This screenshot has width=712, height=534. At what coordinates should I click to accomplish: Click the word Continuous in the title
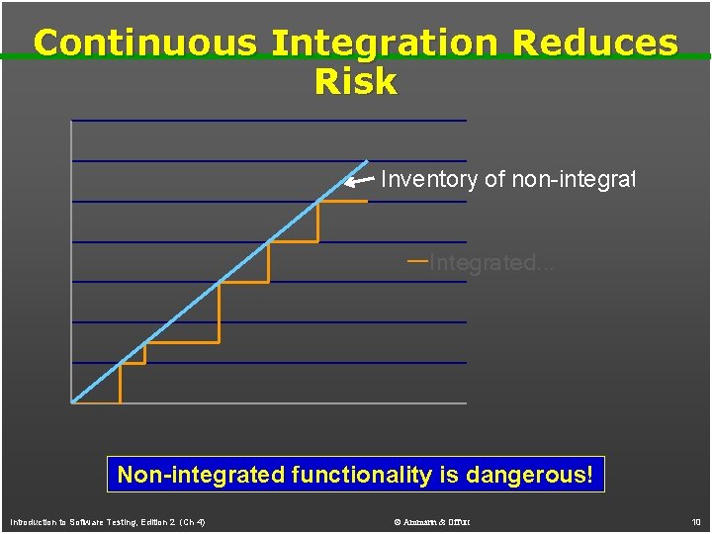click(x=144, y=44)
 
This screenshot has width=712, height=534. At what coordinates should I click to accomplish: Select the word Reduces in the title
click(x=606, y=44)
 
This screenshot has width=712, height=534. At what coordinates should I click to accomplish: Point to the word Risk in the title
click(x=355, y=82)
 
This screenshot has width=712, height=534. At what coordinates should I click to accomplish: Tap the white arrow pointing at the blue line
click(x=359, y=181)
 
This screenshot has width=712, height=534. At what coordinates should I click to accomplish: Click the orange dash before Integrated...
click(x=416, y=261)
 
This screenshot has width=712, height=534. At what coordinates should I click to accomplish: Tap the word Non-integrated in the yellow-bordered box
click(x=201, y=475)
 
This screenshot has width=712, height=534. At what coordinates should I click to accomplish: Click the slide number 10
click(x=696, y=521)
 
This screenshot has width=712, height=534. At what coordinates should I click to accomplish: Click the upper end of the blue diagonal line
click(x=366, y=161)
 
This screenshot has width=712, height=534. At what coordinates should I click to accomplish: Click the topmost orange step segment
click(x=342, y=201)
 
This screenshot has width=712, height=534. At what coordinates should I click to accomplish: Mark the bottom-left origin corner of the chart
click(x=73, y=402)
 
